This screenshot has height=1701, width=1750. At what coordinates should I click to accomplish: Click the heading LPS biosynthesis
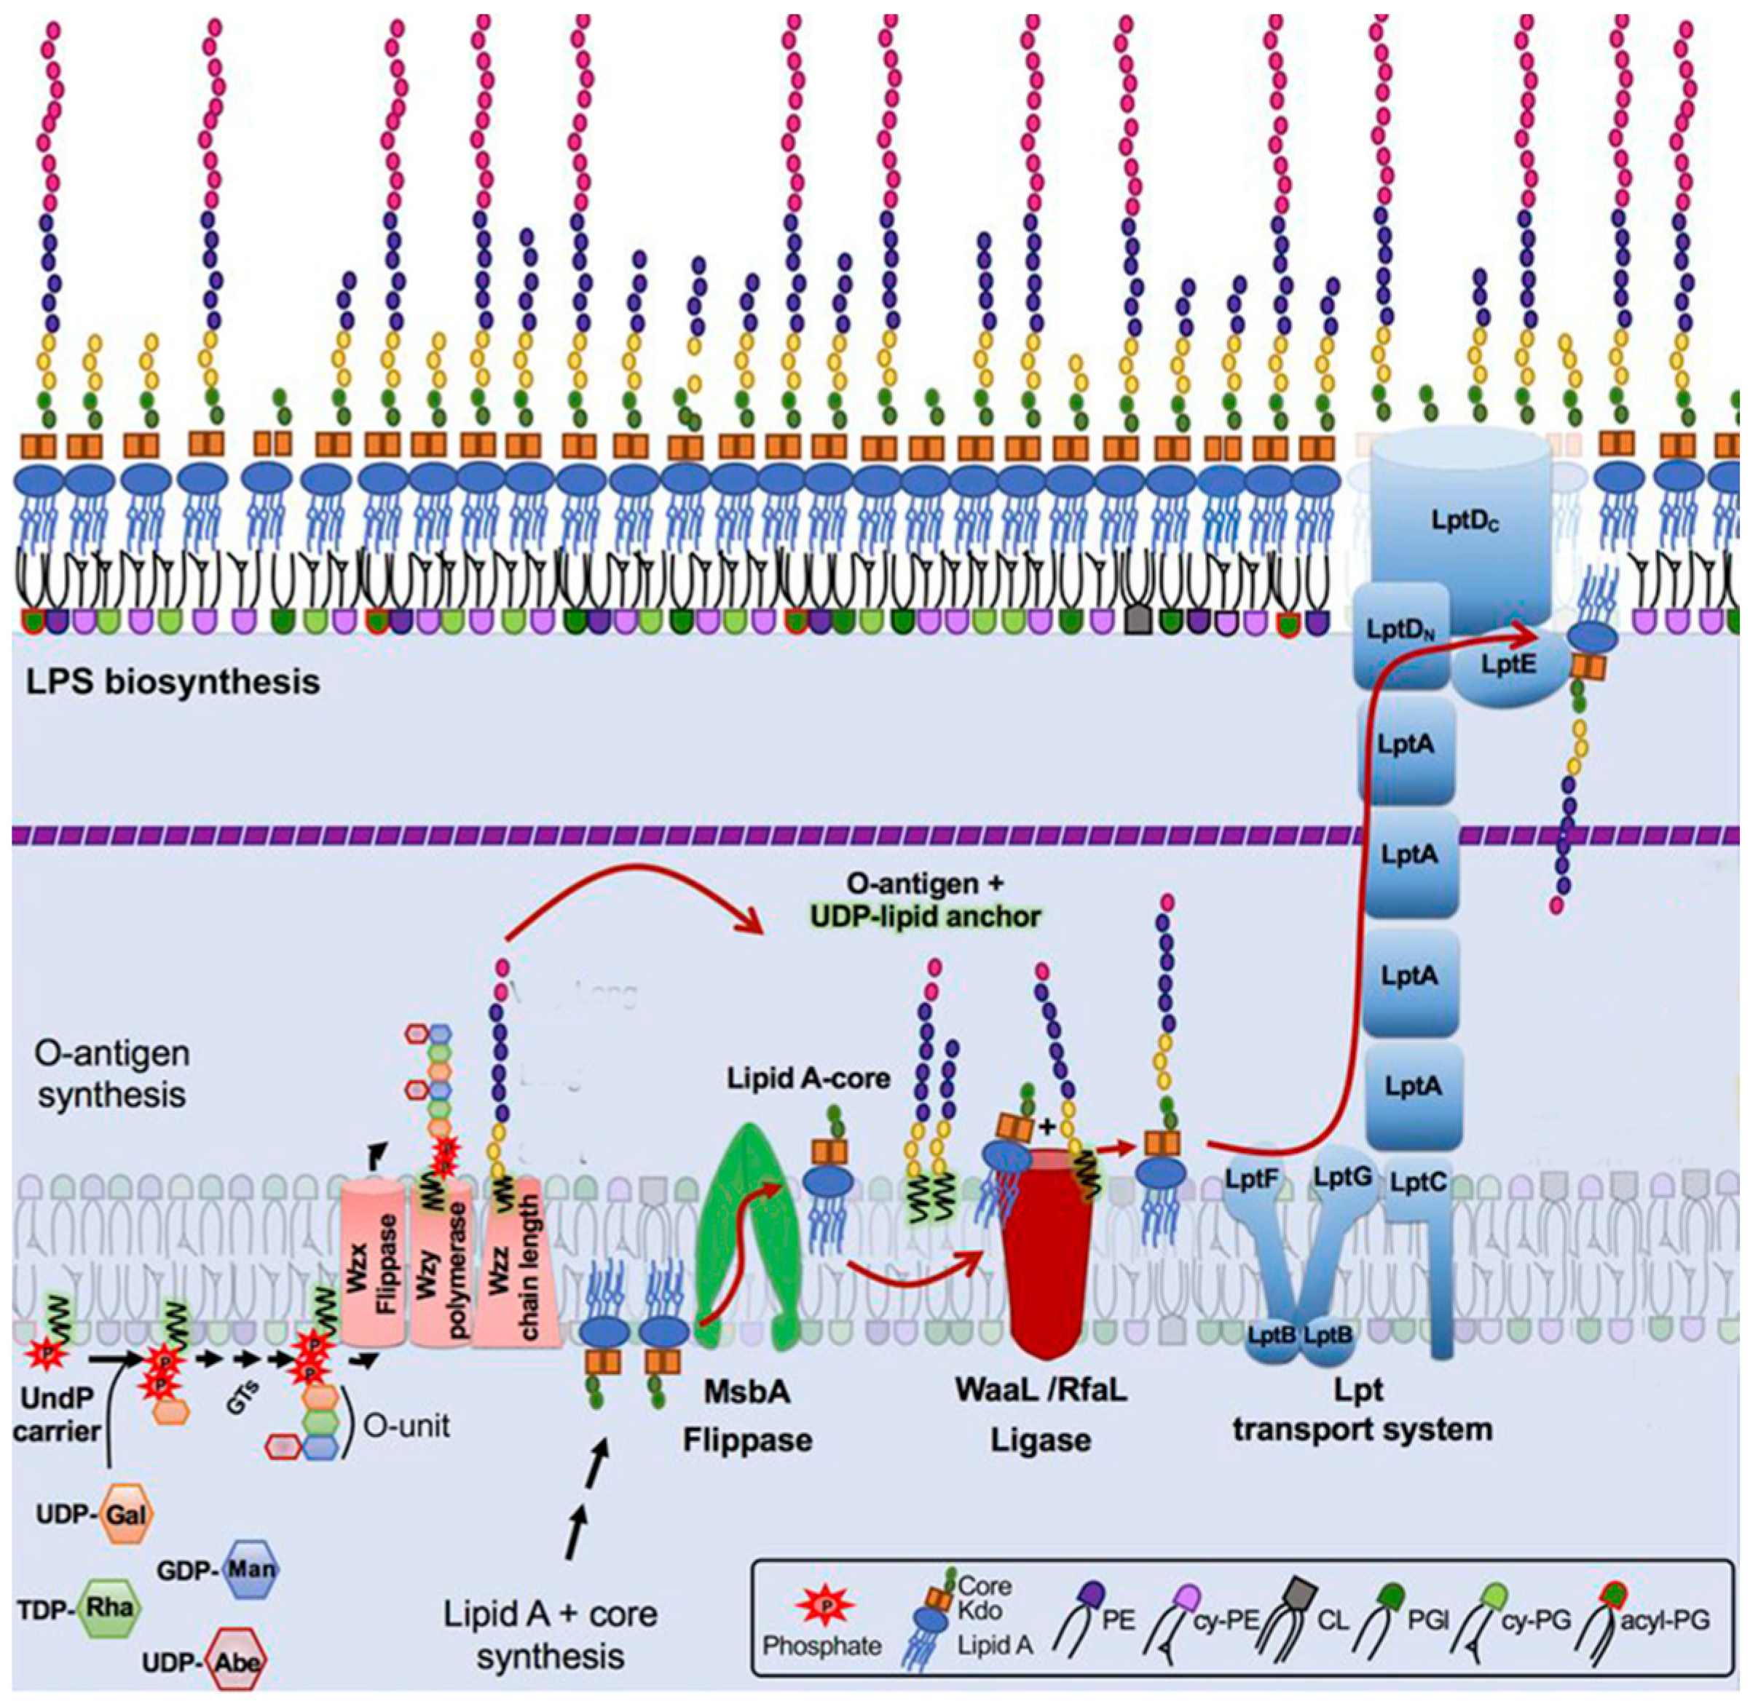tap(173, 683)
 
